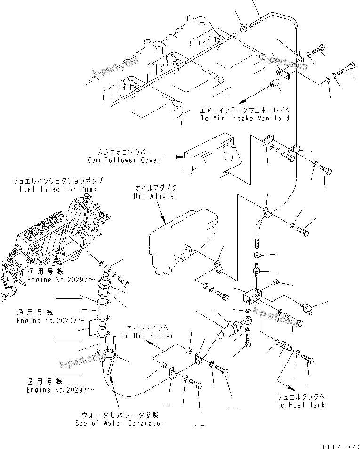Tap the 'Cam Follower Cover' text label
click(x=124, y=160)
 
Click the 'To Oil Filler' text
click(x=147, y=336)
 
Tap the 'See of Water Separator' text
click(x=120, y=423)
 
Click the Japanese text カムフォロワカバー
click(x=124, y=152)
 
